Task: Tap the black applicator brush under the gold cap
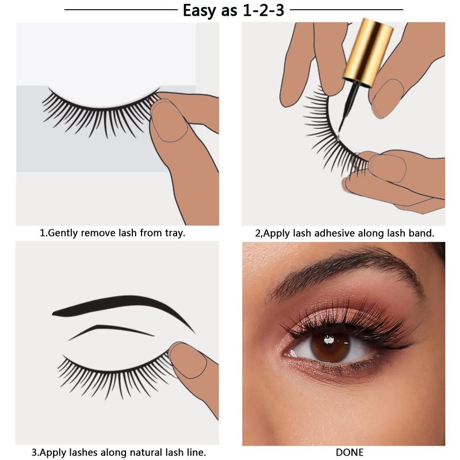coord(348,109)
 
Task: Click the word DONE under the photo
coord(350,452)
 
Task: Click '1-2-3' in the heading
coord(263,10)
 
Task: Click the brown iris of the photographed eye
coord(330,347)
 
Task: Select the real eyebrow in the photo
coord(346,273)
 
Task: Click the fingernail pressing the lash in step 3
coord(188,360)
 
